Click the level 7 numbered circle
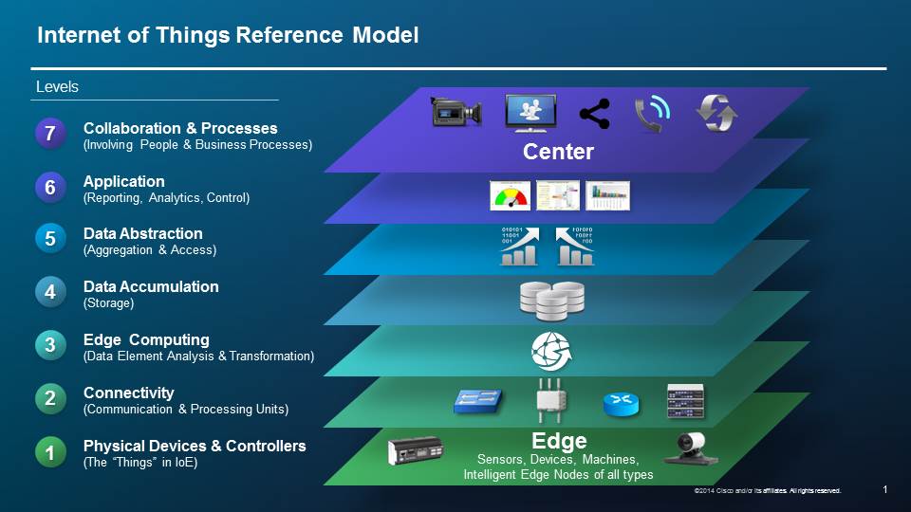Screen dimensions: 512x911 [x=51, y=135]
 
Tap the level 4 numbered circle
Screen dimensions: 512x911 [x=51, y=293]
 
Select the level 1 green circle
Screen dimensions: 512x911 [x=51, y=452]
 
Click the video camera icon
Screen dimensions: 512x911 [x=457, y=112]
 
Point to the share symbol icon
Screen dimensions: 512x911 [x=594, y=113]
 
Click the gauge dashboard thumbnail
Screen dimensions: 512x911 [x=510, y=195]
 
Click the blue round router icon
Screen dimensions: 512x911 [x=622, y=403]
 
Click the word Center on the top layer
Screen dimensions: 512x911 [x=558, y=152]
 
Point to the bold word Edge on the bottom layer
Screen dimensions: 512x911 [x=559, y=441]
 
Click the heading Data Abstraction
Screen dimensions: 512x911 [x=142, y=233]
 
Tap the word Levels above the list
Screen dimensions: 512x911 [x=57, y=87]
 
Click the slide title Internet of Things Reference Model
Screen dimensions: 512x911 [x=228, y=36]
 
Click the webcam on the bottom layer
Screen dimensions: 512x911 [x=689, y=447]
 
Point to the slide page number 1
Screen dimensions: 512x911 [x=884, y=489]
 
